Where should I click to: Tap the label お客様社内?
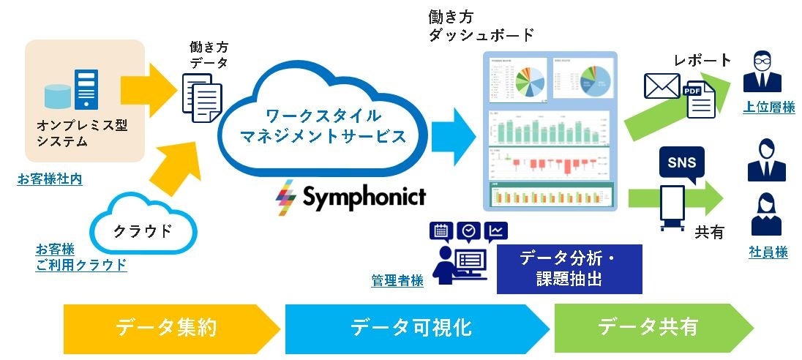[x=50, y=179]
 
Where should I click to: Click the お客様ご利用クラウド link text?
[x=80, y=257]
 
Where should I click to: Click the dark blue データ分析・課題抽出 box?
[x=569, y=269]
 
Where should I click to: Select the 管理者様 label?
[x=397, y=280]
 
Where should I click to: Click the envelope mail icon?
[x=662, y=86]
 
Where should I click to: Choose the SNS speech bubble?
[x=681, y=162]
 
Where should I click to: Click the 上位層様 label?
[x=768, y=108]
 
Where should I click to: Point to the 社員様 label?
[x=768, y=252]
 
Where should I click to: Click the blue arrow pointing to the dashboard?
[x=453, y=132]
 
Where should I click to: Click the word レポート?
[x=703, y=60]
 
